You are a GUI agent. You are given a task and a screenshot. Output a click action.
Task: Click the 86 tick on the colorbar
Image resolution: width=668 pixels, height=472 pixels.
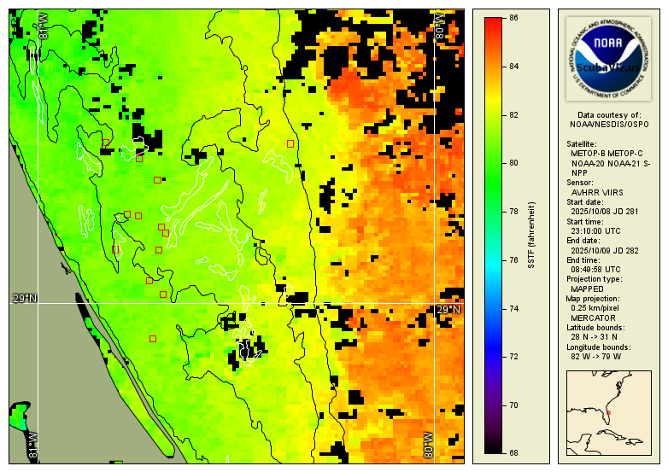[514, 17]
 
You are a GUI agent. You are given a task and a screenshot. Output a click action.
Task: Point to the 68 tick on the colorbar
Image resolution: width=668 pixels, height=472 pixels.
[514, 453]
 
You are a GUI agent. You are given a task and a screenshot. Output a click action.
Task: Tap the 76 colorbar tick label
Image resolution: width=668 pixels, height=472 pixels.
[514, 259]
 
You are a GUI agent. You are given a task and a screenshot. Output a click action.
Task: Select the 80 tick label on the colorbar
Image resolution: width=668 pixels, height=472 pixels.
[514, 162]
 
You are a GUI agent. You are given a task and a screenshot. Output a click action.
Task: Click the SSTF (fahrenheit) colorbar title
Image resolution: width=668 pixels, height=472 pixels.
[531, 236]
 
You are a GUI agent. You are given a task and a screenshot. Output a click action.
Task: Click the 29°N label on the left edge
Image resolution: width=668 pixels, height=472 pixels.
[25, 298]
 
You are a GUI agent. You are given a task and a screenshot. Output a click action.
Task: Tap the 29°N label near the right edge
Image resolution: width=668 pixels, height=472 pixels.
[448, 310]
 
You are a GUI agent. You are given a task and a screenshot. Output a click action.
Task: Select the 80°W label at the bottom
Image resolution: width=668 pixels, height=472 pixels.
[430, 445]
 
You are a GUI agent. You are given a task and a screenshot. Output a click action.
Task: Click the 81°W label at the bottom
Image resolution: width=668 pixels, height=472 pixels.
[33, 445]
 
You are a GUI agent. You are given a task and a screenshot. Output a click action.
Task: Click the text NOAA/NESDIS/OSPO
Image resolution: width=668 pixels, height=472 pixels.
[608, 124]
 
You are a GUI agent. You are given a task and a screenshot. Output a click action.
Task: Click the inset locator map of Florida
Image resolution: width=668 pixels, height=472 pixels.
[608, 413]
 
